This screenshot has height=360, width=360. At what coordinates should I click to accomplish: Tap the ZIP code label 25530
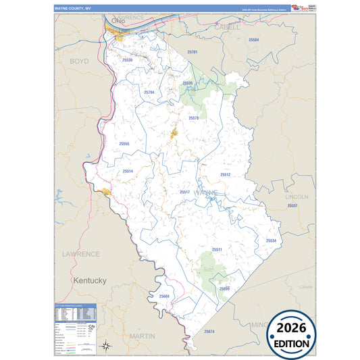(128, 60)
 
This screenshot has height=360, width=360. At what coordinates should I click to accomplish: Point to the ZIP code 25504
(254, 40)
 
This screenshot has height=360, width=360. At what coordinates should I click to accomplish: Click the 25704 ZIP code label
(149, 92)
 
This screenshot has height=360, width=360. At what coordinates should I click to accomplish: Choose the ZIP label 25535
(188, 83)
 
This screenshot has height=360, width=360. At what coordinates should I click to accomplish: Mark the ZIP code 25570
(194, 118)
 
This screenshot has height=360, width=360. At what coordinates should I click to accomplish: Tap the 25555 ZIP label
(124, 144)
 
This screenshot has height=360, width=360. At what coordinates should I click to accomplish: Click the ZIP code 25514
(128, 172)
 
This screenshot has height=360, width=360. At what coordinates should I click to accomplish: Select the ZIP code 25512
(225, 174)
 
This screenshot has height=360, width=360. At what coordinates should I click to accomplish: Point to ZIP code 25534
(271, 240)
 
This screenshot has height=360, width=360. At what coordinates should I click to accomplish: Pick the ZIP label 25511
(217, 249)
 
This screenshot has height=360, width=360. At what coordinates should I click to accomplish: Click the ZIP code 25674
(209, 332)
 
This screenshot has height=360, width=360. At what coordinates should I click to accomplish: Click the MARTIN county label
(142, 336)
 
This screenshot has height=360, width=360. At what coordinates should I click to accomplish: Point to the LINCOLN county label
(297, 197)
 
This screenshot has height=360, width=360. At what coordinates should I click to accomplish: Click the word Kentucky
(90, 280)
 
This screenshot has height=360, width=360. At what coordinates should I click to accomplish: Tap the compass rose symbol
(107, 346)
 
